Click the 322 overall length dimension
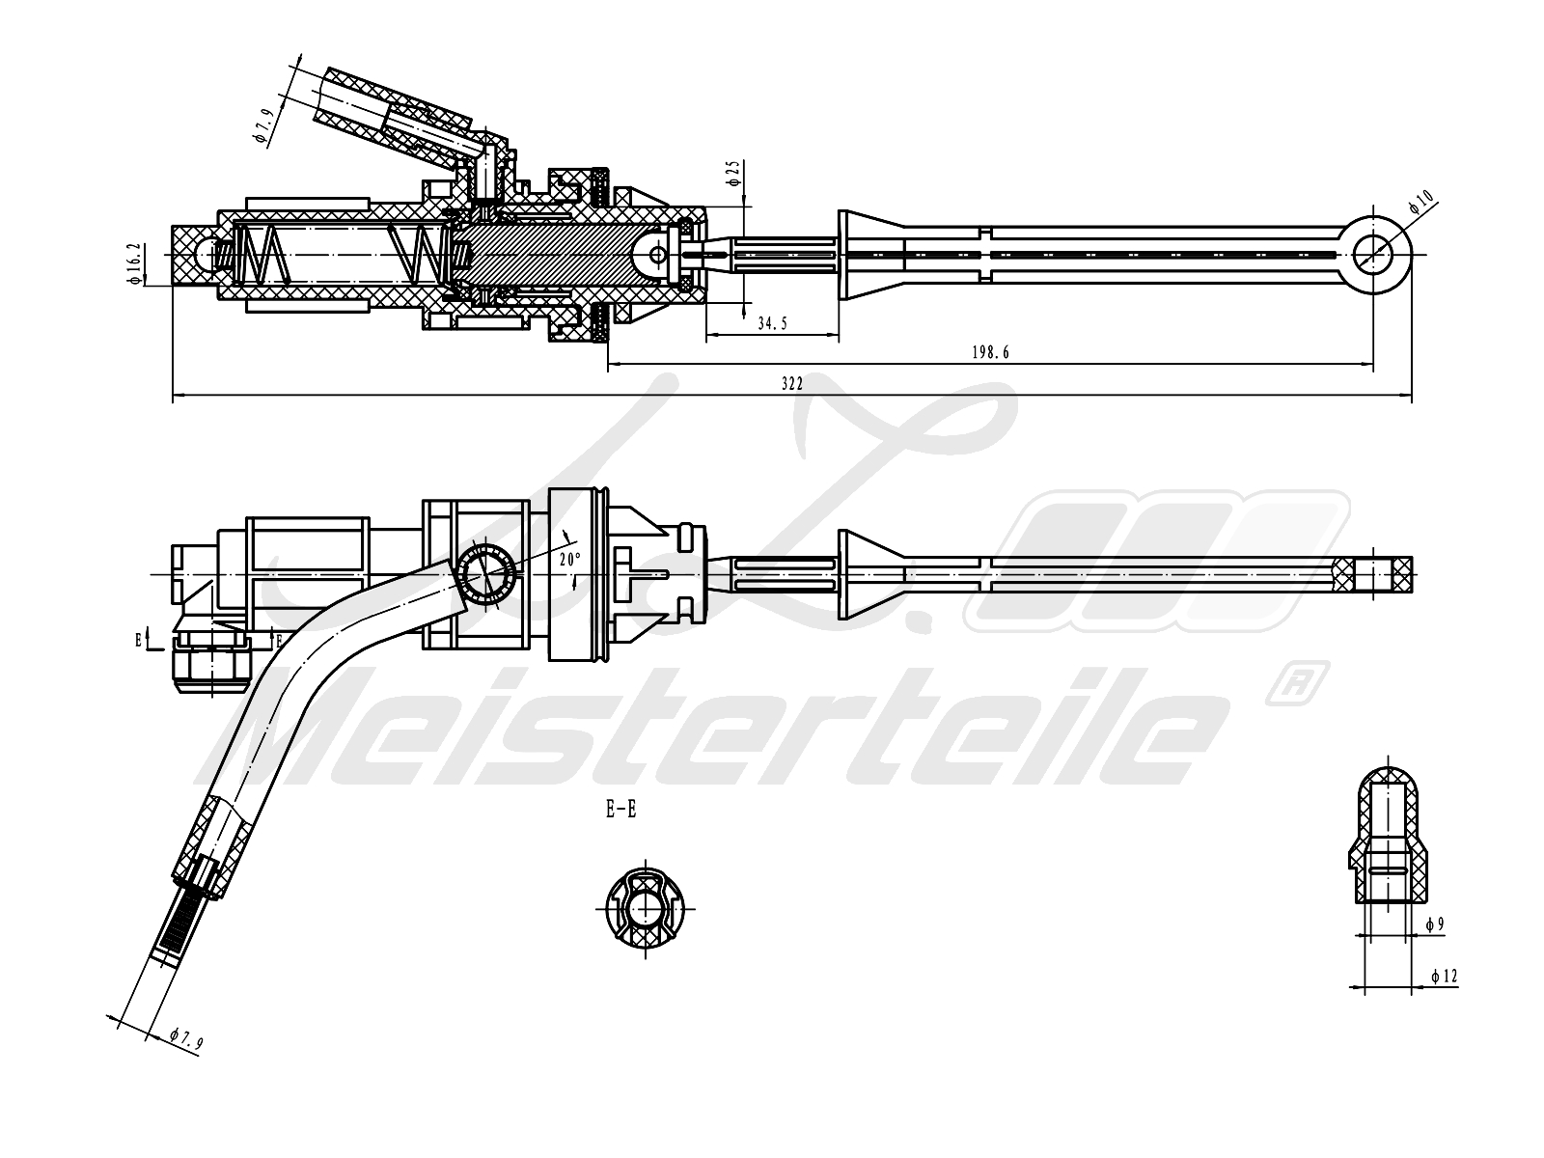click(791, 384)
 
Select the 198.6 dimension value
click(990, 353)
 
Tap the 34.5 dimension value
click(772, 323)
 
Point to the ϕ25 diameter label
click(734, 173)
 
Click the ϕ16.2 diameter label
click(135, 263)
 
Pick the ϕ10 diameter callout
click(1420, 203)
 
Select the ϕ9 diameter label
click(1435, 924)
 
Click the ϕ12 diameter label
click(1444, 976)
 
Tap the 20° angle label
click(570, 560)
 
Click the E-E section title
click(621, 810)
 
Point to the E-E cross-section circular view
click(645, 908)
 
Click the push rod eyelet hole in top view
click(1372, 255)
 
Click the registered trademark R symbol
click(1296, 683)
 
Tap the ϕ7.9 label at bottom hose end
click(185, 1040)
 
